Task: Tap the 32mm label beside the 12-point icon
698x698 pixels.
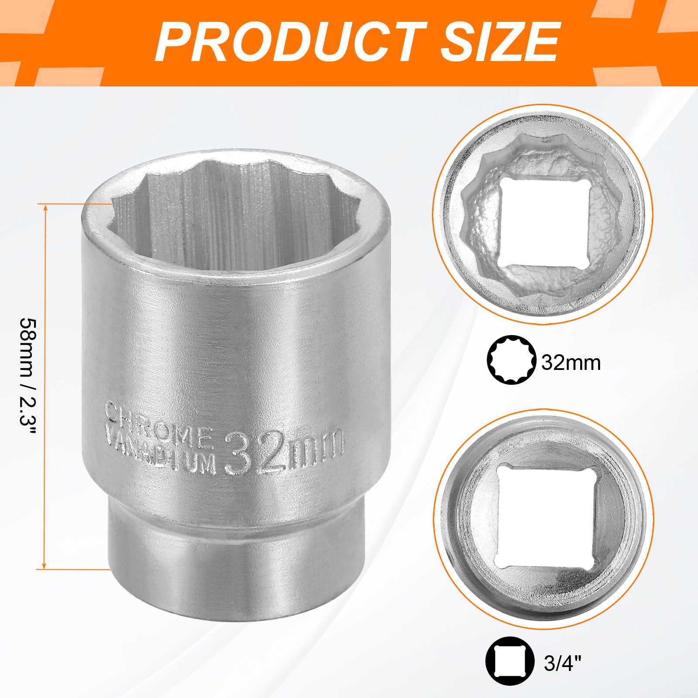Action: coord(571,363)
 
